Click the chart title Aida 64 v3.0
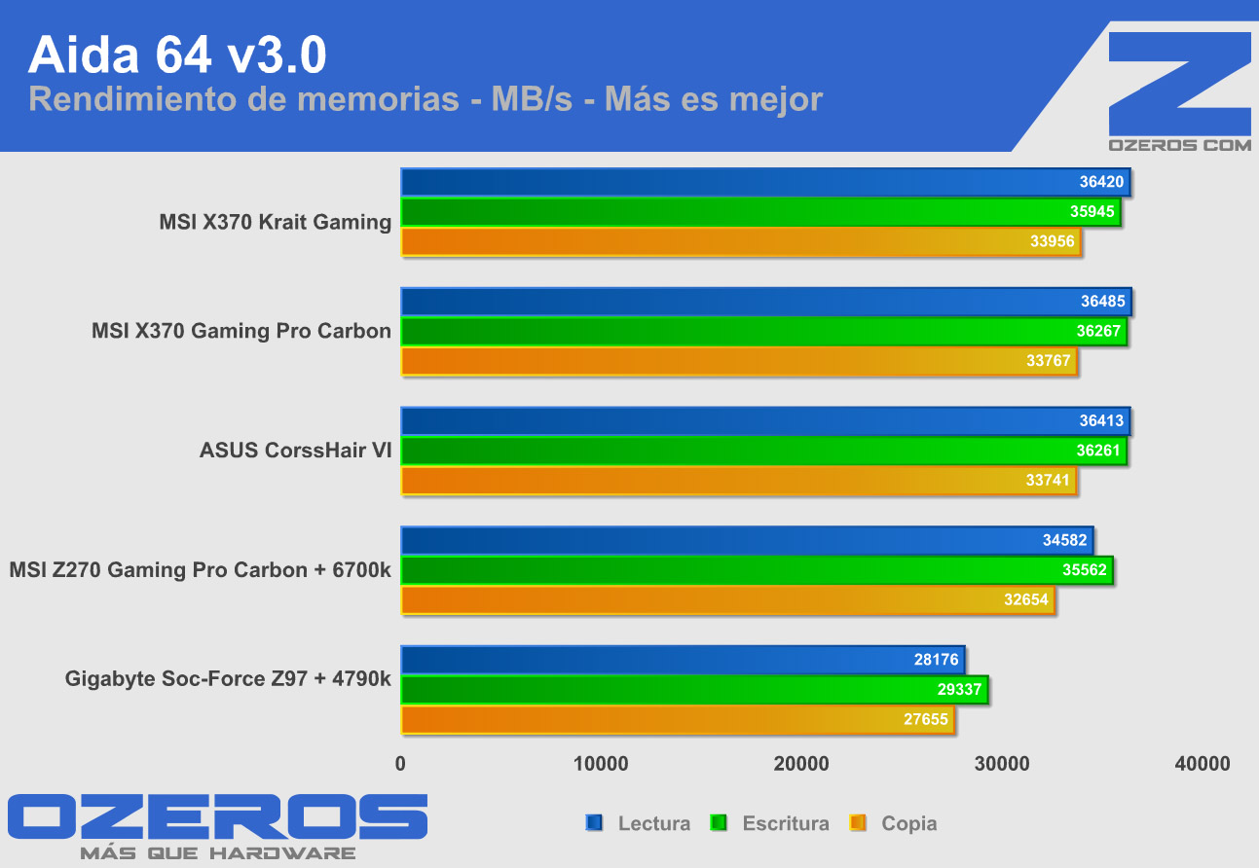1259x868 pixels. tap(177, 56)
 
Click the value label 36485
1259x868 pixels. tap(1102, 302)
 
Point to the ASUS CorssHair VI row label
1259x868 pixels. tap(295, 451)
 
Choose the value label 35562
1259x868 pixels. tap(1084, 570)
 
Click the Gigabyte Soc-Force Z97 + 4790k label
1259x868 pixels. tap(228, 678)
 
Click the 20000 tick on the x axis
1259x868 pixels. tap(801, 765)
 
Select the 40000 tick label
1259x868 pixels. tap(1203, 765)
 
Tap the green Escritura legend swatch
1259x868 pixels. tap(721, 823)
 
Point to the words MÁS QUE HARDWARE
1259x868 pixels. tap(218, 853)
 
